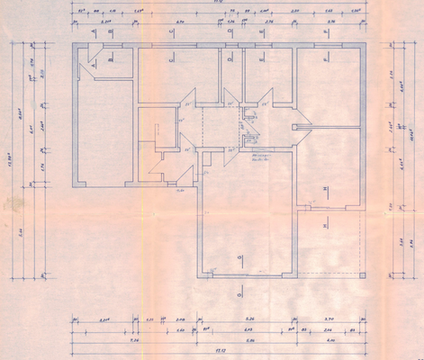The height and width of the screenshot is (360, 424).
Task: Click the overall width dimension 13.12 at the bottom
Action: click(x=216, y=352)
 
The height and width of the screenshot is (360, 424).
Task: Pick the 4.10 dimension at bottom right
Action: click(x=330, y=341)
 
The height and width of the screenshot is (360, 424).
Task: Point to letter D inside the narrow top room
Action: click(x=230, y=59)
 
